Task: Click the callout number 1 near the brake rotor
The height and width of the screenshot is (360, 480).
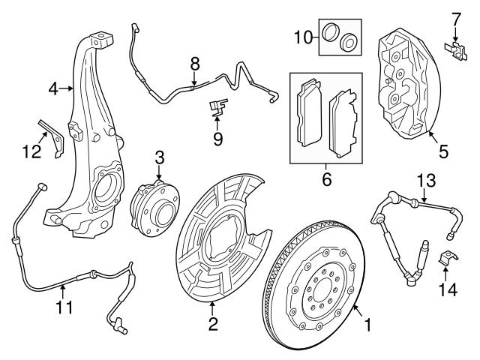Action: (367, 325)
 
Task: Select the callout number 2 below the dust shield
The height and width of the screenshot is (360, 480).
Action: (213, 324)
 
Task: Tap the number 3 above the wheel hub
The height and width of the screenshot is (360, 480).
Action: (159, 157)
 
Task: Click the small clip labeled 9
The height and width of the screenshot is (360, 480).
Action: (217, 108)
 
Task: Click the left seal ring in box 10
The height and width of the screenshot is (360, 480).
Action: (330, 32)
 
